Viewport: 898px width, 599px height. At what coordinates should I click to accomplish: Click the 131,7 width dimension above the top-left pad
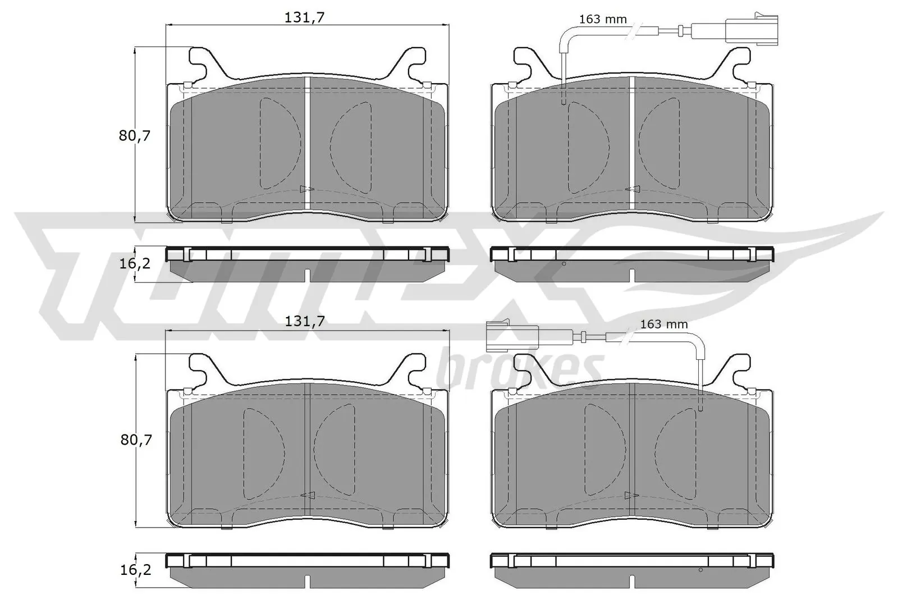point(305,17)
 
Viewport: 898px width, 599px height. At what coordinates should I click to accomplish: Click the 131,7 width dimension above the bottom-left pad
point(305,321)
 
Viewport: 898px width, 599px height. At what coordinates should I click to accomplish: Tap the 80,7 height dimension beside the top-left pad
point(135,135)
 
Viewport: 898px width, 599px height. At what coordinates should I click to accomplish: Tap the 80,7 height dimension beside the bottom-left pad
point(135,440)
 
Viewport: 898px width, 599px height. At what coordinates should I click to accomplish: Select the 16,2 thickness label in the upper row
point(135,262)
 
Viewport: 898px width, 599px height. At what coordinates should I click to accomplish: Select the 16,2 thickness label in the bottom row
point(135,570)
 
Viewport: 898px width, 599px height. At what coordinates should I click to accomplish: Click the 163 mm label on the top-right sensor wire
point(603,20)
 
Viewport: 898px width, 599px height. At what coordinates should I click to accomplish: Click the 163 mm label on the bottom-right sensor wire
point(663,324)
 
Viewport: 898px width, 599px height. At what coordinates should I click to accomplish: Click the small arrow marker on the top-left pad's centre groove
point(305,189)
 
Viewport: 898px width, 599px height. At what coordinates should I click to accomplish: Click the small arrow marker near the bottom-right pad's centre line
point(630,495)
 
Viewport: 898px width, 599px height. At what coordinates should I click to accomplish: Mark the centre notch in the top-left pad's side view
point(307,275)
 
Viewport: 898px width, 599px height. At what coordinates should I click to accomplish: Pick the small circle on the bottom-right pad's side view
point(700,570)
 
